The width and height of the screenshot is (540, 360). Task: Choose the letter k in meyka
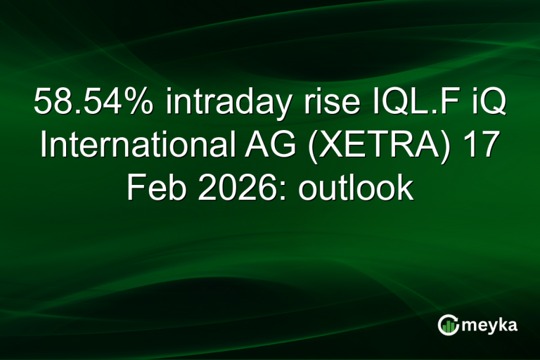click(503, 324)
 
